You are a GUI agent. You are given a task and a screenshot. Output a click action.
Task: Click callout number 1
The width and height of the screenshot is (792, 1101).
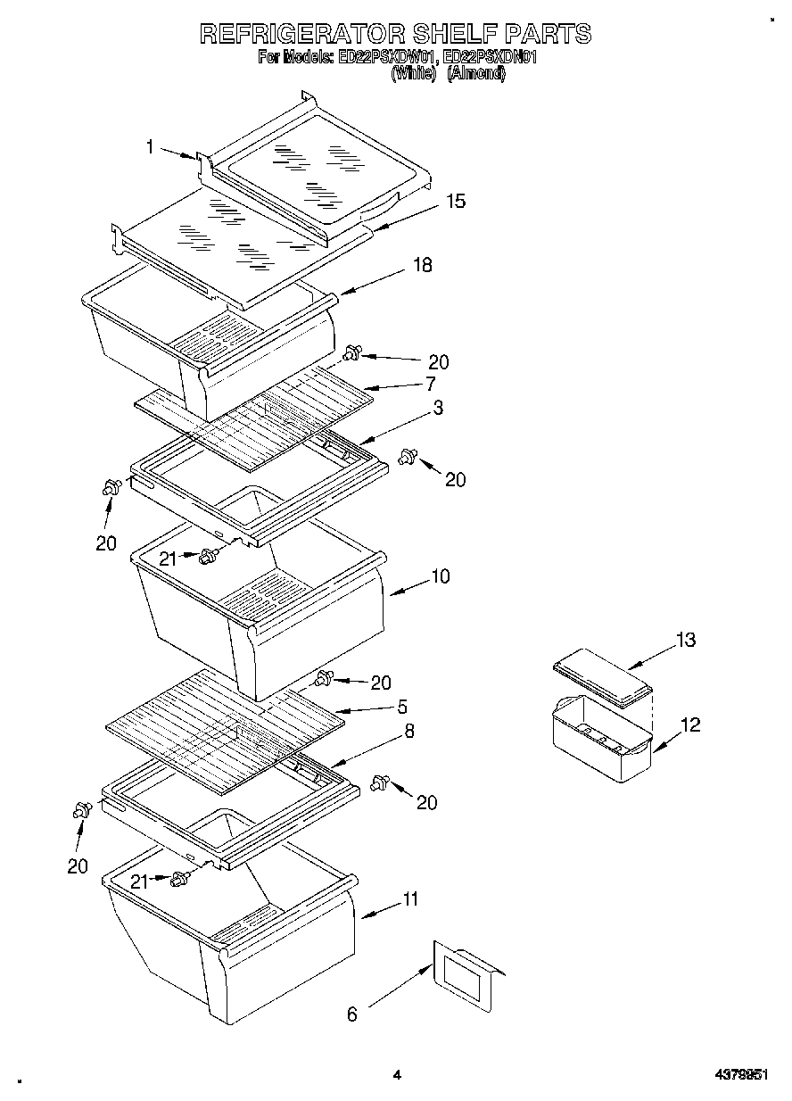click(x=151, y=147)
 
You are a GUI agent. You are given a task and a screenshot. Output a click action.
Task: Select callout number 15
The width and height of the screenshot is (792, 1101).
click(x=455, y=202)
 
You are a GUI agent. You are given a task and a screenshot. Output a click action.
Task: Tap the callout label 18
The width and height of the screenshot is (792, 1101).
click(x=422, y=265)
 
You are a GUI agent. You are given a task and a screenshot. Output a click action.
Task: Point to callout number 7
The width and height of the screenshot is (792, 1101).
click(x=430, y=384)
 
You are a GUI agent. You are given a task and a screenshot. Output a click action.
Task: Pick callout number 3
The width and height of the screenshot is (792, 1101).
click(x=438, y=408)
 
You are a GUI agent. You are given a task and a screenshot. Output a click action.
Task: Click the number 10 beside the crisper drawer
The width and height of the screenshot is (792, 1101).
click(x=440, y=576)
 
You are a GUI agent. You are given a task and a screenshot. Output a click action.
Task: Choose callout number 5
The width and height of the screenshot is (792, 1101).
click(x=402, y=707)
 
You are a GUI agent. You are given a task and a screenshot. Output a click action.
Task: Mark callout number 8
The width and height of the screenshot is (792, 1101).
click(x=409, y=731)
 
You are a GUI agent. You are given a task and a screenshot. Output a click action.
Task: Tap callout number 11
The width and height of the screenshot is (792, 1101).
click(x=409, y=899)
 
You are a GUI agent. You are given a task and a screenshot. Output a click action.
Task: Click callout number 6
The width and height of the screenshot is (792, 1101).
click(x=351, y=1014)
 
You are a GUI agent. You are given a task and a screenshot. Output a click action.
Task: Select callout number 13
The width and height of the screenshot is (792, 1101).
click(x=685, y=640)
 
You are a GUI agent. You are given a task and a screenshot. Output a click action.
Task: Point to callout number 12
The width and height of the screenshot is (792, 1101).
click(x=690, y=724)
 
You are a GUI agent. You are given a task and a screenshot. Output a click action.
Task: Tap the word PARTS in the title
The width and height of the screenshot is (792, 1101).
click(x=548, y=34)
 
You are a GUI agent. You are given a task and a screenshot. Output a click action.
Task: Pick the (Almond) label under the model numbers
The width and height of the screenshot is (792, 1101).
click(x=475, y=75)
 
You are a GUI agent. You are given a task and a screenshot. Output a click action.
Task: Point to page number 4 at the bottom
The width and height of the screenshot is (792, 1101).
click(x=397, y=1076)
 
